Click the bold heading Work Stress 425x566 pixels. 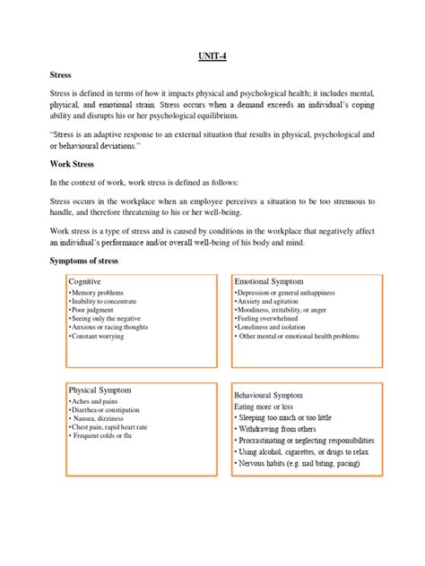coord(74,165)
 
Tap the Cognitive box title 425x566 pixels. coord(85,281)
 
